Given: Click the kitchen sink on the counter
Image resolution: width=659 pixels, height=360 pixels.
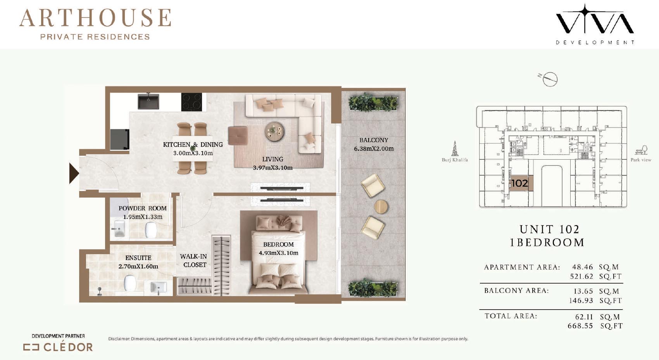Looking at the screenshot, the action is click(148, 102).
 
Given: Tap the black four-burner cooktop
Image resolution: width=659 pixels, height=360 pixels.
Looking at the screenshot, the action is click(191, 102).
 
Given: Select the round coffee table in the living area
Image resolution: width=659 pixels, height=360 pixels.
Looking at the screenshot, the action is click(274, 131).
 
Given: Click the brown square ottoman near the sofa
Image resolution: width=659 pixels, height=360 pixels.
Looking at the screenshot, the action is click(238, 135).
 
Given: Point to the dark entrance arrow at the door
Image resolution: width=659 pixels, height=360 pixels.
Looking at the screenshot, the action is click(74, 174).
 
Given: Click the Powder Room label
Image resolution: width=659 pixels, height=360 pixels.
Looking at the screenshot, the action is click(143, 208).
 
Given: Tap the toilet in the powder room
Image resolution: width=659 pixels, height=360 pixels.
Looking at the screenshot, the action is click(151, 230).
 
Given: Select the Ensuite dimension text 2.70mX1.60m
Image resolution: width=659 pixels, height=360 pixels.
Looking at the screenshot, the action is click(138, 267).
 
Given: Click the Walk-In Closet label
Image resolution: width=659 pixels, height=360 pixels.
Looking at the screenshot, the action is click(193, 260).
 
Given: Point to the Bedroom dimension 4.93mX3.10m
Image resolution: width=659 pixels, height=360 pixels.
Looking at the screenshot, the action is click(279, 253).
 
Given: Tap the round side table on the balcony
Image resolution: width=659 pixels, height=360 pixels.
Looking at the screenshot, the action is click(381, 207).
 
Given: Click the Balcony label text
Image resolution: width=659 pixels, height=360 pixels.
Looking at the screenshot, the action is click(374, 140).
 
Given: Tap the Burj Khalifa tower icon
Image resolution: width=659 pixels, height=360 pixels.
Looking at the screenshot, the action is click(455, 148).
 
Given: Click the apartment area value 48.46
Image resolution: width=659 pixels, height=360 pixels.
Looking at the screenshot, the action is click(583, 267).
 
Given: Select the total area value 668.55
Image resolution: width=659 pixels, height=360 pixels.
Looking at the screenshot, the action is click(580, 326).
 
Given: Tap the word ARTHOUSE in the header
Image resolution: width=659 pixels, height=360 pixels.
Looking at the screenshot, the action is click(95, 18).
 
